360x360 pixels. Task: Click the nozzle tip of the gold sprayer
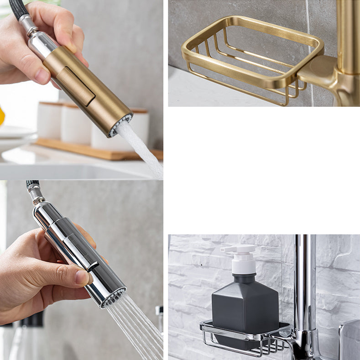120,125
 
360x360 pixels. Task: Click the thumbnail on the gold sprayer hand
42,76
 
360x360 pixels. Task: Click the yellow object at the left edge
2,116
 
